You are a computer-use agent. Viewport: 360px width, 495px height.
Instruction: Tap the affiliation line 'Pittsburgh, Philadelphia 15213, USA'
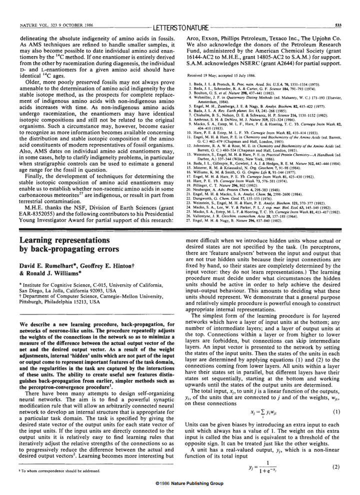click(x=67, y=302)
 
